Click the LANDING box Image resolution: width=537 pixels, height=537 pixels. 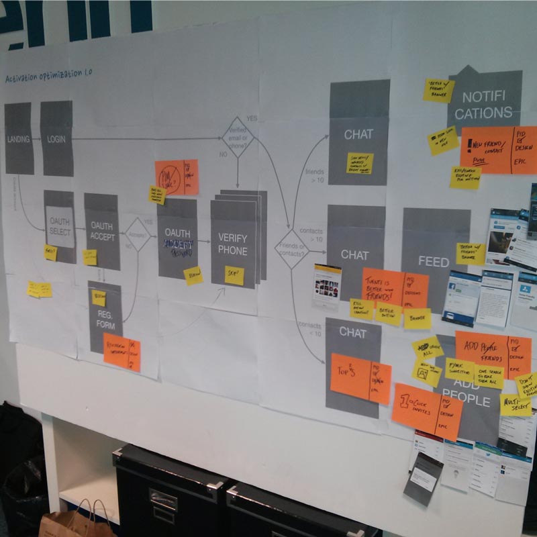(19, 138)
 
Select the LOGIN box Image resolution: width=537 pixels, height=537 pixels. (56, 138)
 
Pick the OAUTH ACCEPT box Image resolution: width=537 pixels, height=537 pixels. (101, 232)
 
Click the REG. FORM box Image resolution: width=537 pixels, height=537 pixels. (105, 318)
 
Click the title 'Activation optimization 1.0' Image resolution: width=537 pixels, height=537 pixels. (49, 77)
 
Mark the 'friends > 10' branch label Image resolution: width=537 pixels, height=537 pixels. (314, 176)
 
